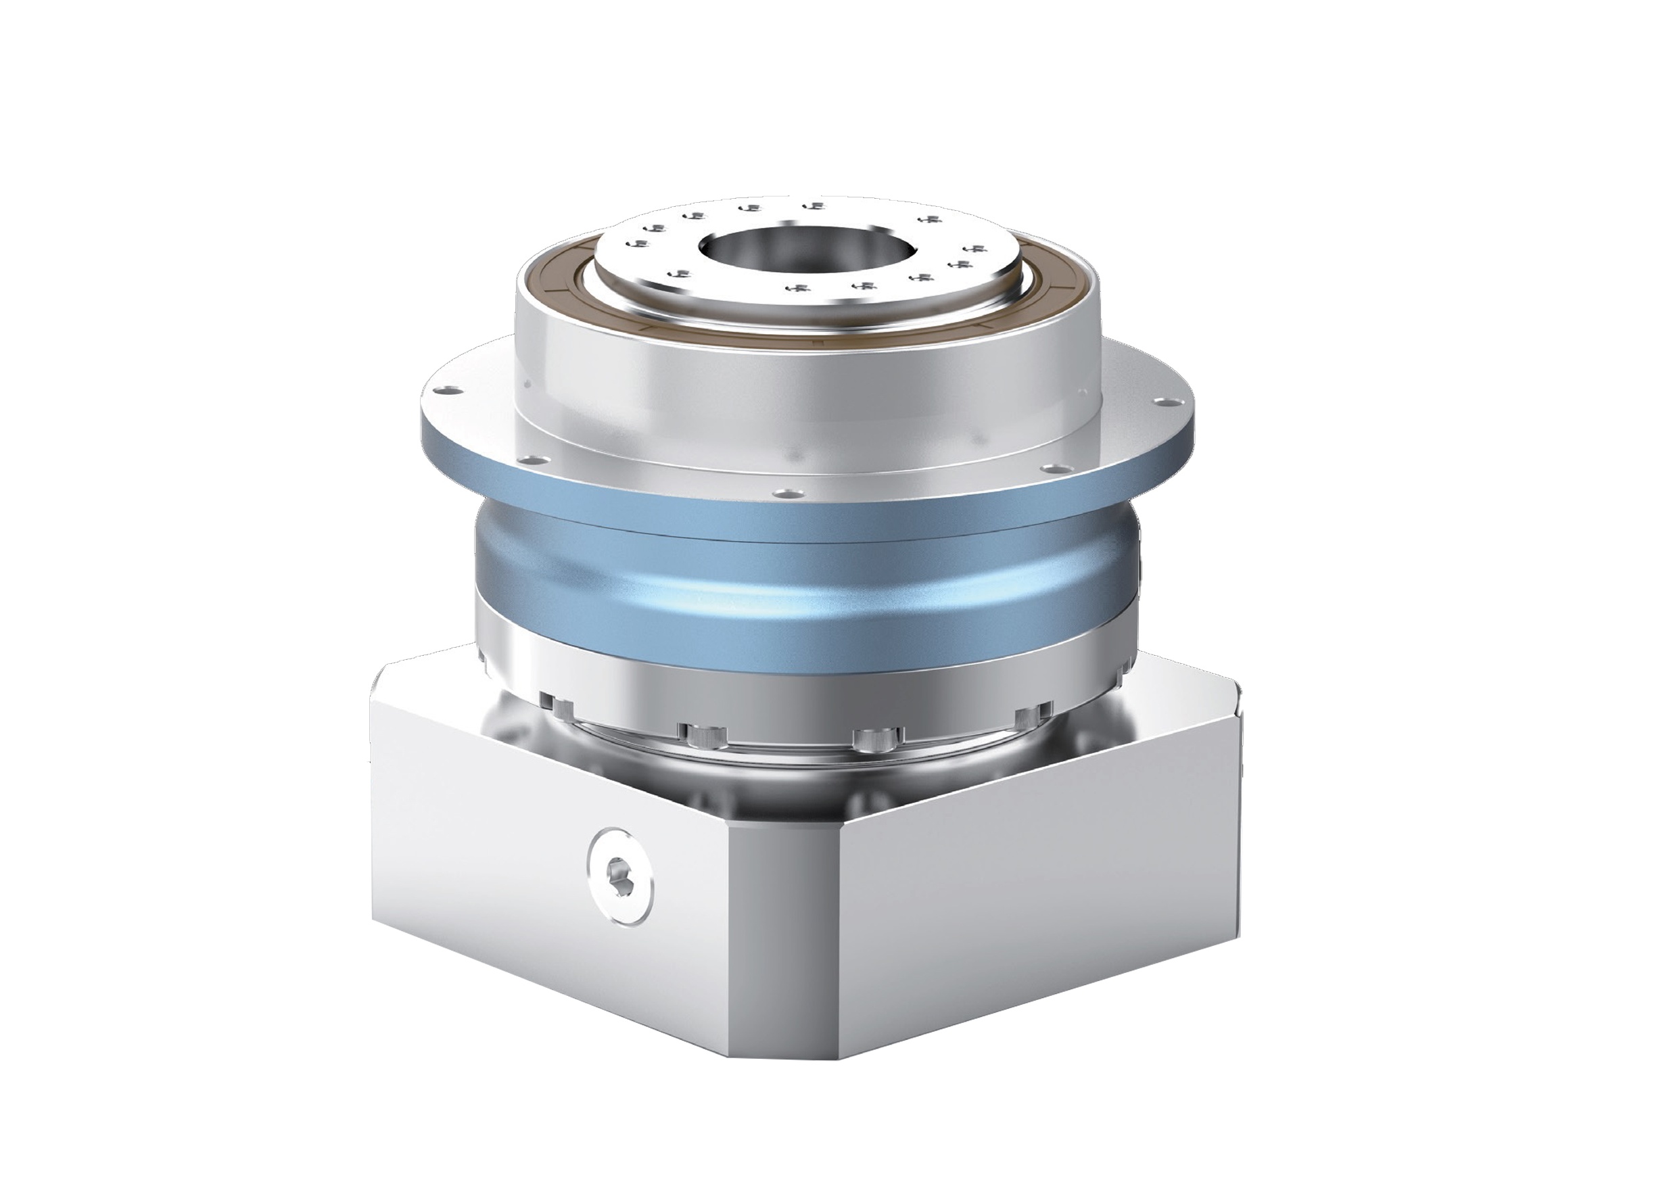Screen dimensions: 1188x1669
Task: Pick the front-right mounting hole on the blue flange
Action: pyautogui.click(x=1056, y=468)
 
